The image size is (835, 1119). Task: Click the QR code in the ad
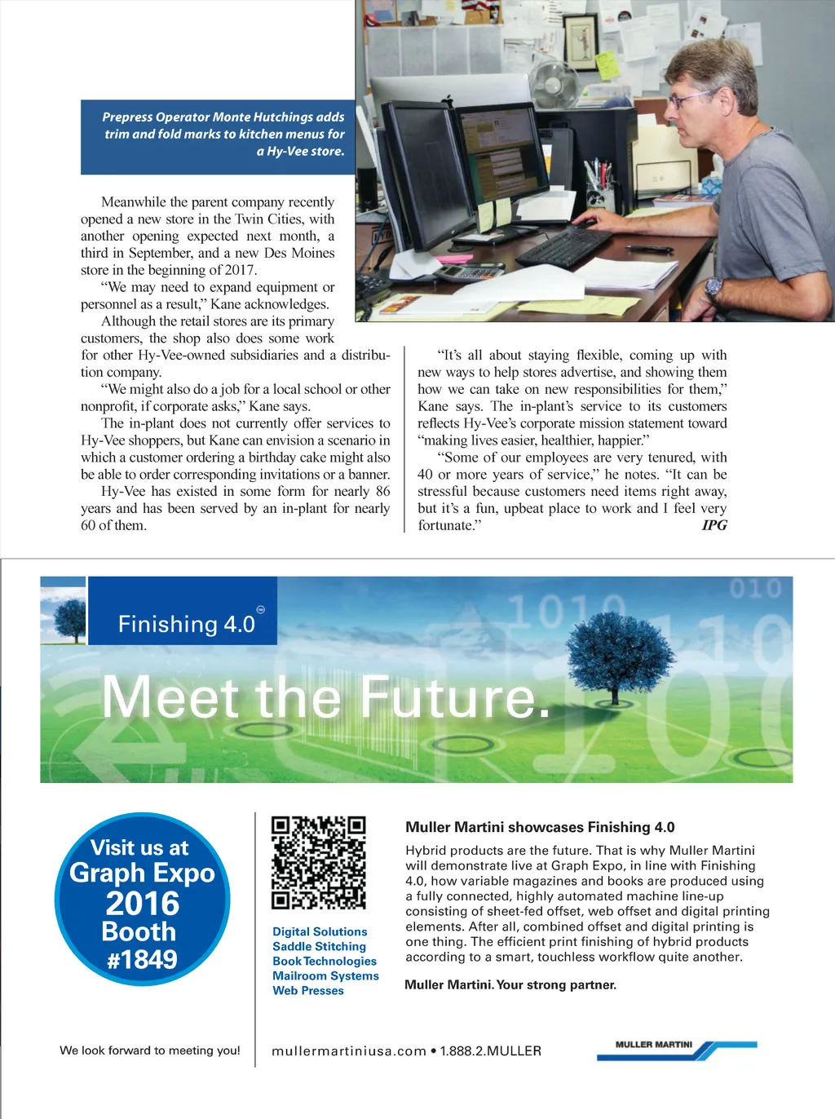318,862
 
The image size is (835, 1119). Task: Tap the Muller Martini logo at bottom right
676,1050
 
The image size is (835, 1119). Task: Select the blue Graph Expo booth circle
142,900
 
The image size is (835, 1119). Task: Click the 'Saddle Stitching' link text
319,946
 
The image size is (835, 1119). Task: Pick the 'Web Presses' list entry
308,990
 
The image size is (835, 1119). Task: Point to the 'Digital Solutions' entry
320,931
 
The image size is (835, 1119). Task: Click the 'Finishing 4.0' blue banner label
187,624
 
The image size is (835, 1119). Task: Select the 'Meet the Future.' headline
326,698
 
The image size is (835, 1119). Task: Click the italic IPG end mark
714,525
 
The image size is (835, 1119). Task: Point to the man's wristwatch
714,288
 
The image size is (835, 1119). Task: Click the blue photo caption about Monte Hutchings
219,135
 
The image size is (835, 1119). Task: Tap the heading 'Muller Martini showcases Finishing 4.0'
540,827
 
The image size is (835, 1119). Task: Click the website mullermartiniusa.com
349,1050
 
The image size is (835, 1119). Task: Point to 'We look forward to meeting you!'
150,1050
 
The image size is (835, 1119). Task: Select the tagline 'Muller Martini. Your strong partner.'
510,984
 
